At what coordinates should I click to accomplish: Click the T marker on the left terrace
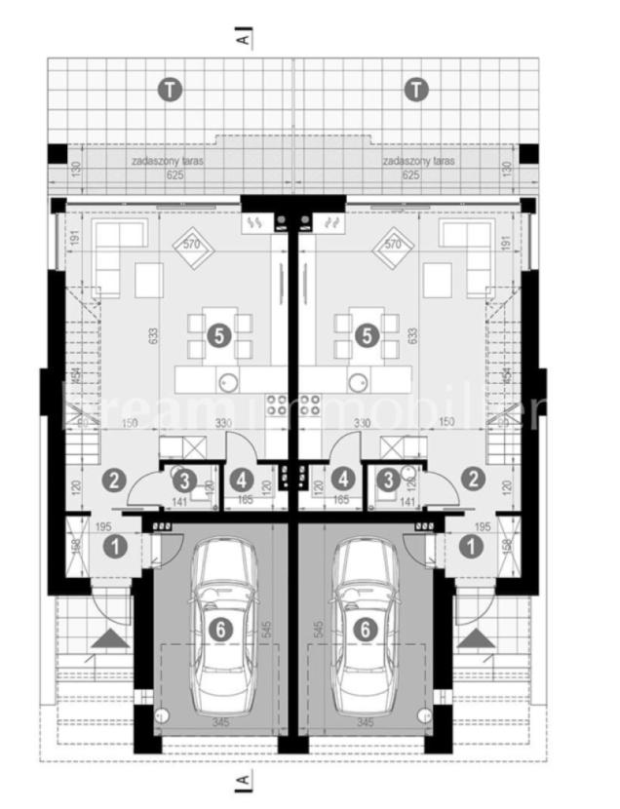(x=171, y=91)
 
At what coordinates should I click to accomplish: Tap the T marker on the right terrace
(x=416, y=91)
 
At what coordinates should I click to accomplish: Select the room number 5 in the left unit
(x=218, y=335)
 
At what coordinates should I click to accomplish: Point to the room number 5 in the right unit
(x=368, y=335)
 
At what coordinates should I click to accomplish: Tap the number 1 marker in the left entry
(x=116, y=547)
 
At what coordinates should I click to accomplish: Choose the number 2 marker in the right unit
(x=473, y=479)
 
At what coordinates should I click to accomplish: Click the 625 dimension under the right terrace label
(x=411, y=175)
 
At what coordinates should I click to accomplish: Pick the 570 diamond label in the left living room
(x=191, y=244)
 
